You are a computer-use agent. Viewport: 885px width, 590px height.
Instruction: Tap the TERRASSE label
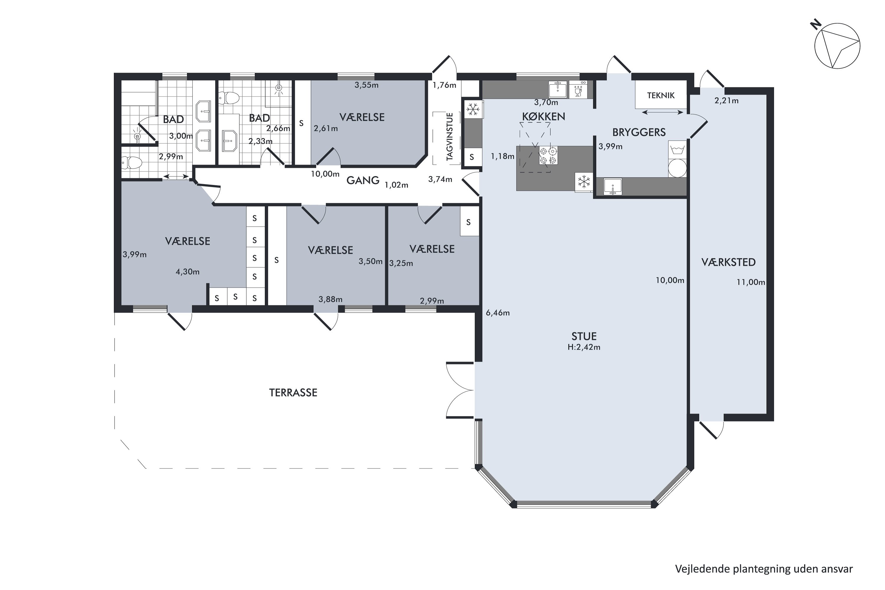(x=293, y=393)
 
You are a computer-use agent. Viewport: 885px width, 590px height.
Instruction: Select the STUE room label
(x=584, y=336)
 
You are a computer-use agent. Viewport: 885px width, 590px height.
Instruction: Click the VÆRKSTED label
(x=728, y=262)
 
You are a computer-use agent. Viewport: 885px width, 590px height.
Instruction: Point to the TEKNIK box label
(x=661, y=96)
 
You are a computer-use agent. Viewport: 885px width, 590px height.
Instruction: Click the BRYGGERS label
(x=639, y=132)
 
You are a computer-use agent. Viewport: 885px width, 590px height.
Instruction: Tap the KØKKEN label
(x=543, y=117)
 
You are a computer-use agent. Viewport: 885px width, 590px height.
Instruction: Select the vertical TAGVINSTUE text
(x=450, y=137)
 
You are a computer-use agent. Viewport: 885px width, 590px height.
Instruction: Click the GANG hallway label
(x=363, y=181)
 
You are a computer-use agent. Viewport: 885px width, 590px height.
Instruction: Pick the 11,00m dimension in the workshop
(x=751, y=282)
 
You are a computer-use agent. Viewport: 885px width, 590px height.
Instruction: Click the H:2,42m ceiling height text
(x=584, y=347)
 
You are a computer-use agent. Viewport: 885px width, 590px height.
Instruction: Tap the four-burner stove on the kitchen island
(x=548, y=156)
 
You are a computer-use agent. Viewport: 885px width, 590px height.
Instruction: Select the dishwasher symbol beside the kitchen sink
(x=578, y=90)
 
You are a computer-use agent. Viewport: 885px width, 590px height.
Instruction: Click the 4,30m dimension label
(x=187, y=272)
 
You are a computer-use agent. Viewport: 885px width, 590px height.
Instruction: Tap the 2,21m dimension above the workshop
(x=726, y=101)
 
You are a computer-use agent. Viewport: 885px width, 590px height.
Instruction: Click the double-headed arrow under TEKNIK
(x=663, y=112)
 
